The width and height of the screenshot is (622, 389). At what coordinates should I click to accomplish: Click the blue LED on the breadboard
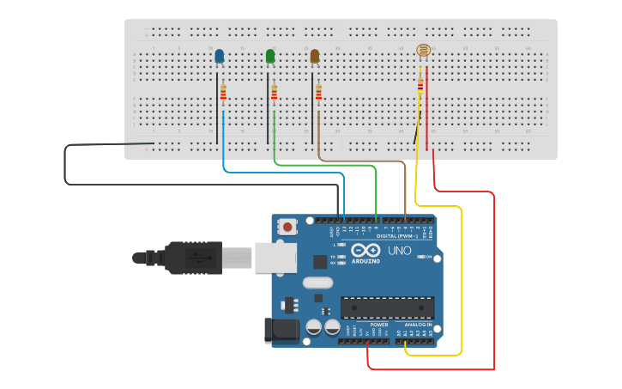(x=219, y=57)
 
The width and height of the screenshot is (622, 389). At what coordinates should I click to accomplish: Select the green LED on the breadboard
(x=270, y=57)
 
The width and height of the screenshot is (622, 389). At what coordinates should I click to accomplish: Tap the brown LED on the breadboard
(x=314, y=57)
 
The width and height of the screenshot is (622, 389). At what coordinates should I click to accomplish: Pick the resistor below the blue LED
(x=223, y=92)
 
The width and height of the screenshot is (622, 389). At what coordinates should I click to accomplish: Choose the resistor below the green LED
(x=275, y=92)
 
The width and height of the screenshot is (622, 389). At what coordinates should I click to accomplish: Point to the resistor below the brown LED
(x=318, y=92)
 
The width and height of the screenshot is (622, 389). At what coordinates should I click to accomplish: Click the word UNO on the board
(x=401, y=251)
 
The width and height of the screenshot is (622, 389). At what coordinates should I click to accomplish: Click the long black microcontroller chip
(x=387, y=307)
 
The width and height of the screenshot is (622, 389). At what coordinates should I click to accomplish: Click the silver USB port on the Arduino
(x=275, y=257)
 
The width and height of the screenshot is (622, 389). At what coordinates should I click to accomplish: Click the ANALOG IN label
(x=418, y=325)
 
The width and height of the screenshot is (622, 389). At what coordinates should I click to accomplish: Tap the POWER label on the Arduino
(x=378, y=325)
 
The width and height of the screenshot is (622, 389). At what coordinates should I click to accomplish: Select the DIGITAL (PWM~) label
(x=396, y=235)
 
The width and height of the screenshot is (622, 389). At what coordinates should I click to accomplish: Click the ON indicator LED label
(x=429, y=256)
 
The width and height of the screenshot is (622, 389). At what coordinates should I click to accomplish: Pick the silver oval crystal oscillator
(x=317, y=283)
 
